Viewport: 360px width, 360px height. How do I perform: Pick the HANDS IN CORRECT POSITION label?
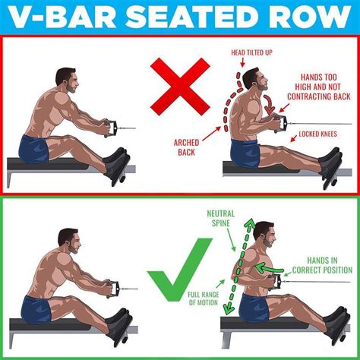[x=324, y=265]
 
